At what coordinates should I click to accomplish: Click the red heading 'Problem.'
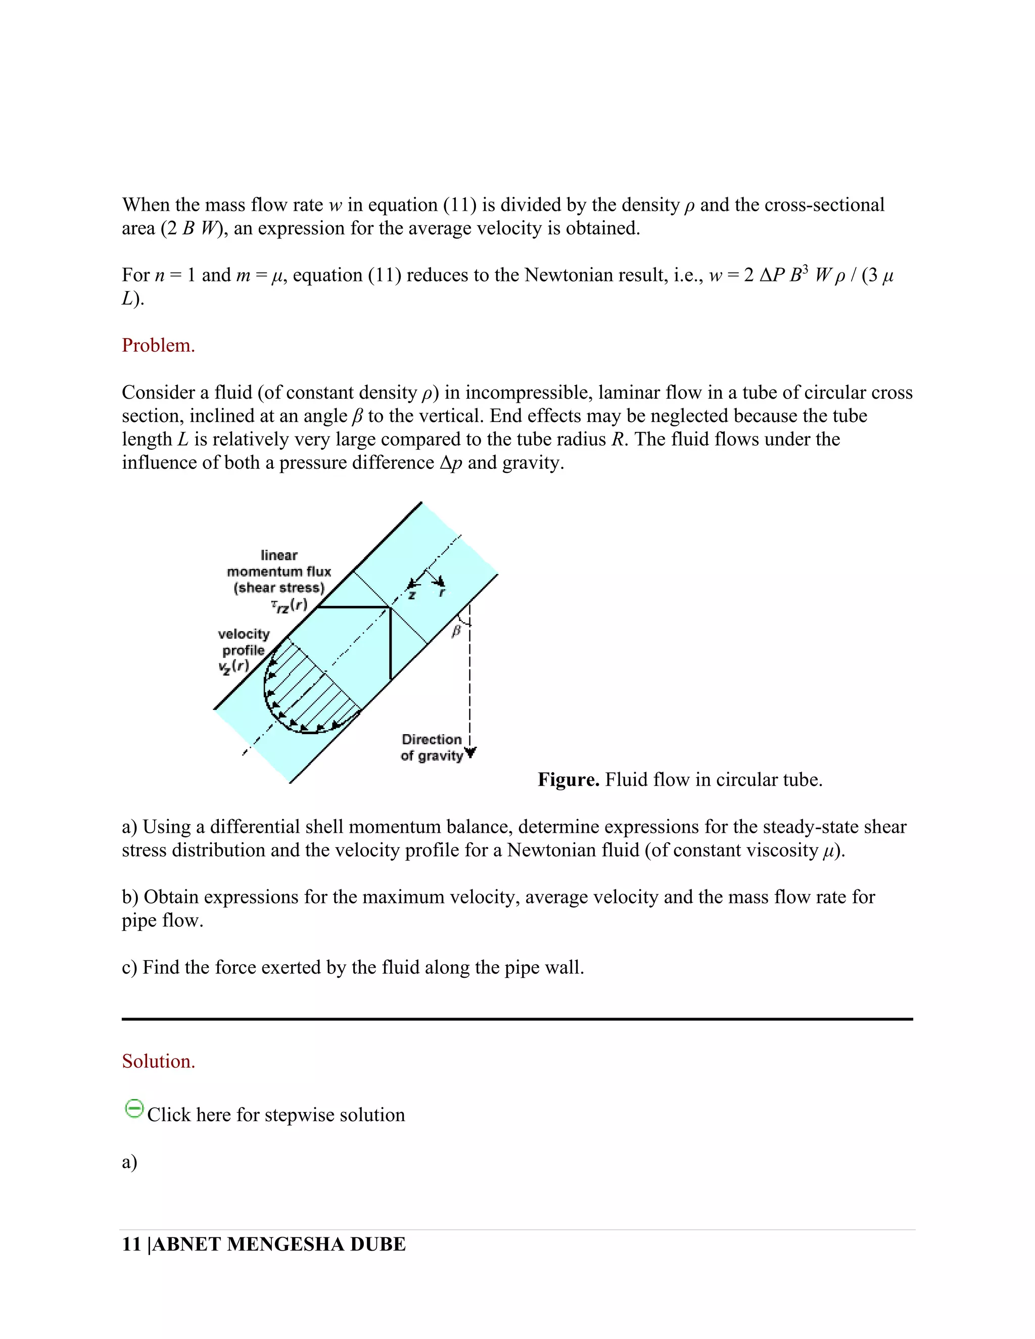tap(158, 346)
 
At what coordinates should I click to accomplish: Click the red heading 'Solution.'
tap(158, 1061)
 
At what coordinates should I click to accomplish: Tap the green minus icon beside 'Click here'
tap(133, 1109)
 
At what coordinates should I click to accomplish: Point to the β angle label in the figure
tap(455, 631)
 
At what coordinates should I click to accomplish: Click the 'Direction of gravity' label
tap(432, 747)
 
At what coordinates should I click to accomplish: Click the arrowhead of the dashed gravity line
tap(471, 754)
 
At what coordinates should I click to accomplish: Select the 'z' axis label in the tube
tap(412, 595)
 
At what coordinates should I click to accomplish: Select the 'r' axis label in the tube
tap(442, 593)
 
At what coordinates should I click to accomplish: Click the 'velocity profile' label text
tap(244, 642)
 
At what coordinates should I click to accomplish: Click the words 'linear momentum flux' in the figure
tap(279, 563)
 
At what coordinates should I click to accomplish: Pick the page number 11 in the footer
tap(131, 1244)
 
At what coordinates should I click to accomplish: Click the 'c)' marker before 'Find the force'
tap(129, 968)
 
